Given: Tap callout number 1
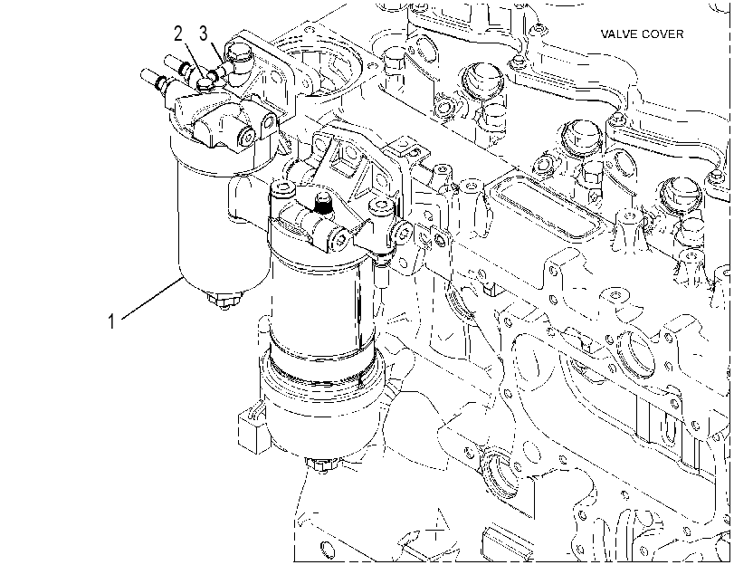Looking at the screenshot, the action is point(111,321).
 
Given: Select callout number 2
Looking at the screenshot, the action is point(178,34).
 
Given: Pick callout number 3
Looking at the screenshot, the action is point(203,34).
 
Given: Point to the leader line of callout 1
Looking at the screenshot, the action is point(153,299).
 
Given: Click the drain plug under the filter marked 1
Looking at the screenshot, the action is point(224,299).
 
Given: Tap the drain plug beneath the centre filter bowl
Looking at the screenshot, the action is point(322,464).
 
